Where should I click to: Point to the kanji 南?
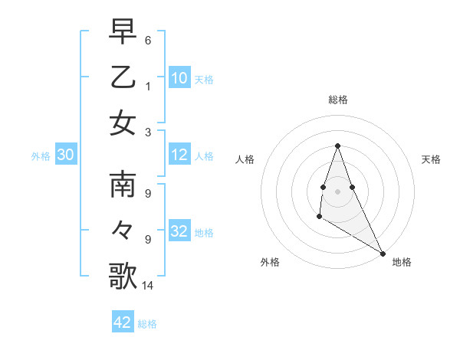123,185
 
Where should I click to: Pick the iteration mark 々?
123,230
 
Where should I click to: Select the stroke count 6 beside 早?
148,40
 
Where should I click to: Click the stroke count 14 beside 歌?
148,286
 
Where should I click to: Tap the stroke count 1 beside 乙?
148,86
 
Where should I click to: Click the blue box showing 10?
179,78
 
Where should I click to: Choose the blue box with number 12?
179,155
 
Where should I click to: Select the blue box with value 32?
179,231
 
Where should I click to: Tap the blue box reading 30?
66,155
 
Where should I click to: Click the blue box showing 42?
123,322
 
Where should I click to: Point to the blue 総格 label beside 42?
147,324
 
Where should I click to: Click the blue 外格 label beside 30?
41,156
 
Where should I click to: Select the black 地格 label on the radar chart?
402,262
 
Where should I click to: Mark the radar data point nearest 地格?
383,253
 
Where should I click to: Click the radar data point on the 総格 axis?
337,146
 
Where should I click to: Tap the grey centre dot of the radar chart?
337,190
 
